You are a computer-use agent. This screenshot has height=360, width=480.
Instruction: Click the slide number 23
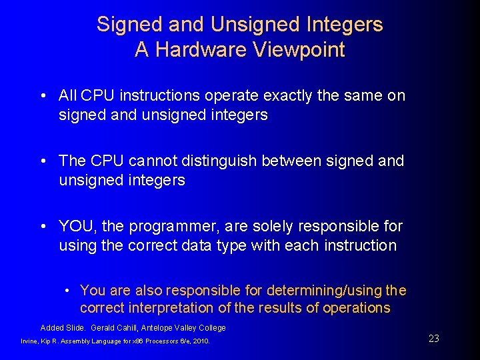click(x=434, y=339)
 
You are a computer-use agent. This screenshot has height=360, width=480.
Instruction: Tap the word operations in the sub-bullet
click(x=357, y=308)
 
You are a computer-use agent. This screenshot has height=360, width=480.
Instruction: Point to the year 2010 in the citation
click(x=201, y=341)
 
